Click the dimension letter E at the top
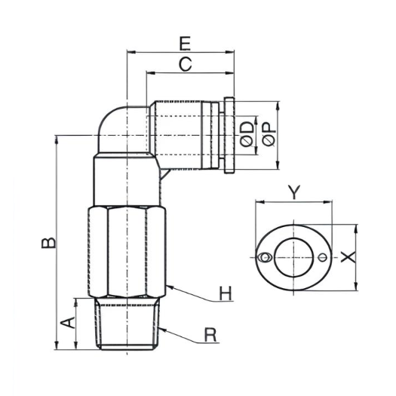pyautogui.click(x=185, y=41)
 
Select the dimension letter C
pyautogui.click(x=186, y=65)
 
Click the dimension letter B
pyautogui.click(x=47, y=242)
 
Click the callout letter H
pyautogui.click(x=224, y=293)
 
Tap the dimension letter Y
pyautogui.click(x=295, y=191)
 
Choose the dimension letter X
pyautogui.click(x=347, y=256)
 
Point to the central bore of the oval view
pyautogui.click(x=294, y=258)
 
